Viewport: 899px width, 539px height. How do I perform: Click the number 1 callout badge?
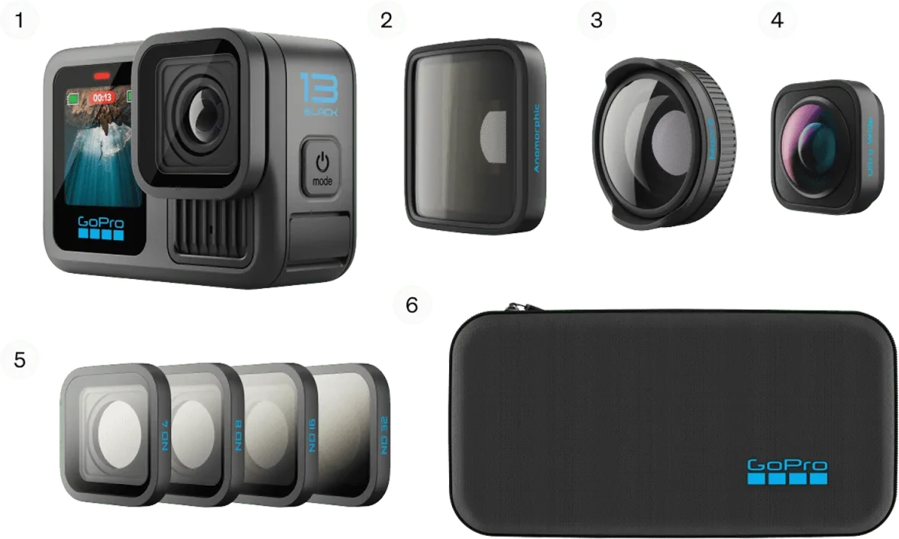point(18,21)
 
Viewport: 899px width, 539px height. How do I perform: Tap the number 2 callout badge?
point(386,21)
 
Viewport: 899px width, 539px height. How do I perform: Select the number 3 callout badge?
point(597,21)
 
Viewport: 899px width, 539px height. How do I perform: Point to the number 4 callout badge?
point(777,21)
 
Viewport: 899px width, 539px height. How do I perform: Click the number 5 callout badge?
point(20,359)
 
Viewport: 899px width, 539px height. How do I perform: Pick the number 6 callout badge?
point(412,305)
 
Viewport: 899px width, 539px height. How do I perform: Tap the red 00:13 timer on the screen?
point(101,98)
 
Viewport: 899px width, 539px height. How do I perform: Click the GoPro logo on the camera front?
point(101,228)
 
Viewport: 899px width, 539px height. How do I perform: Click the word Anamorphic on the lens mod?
point(536,138)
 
